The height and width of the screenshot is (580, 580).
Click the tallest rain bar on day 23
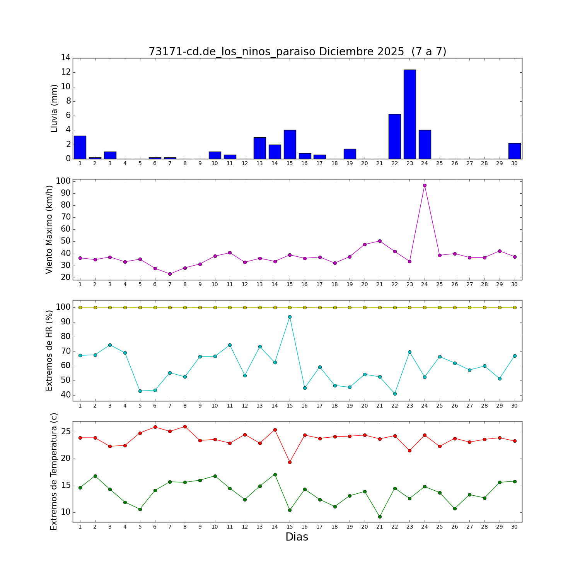click(x=409, y=114)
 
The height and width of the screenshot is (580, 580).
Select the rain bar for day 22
click(x=394, y=136)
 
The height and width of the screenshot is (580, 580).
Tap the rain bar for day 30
click(x=514, y=151)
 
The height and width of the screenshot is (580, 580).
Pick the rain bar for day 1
click(x=80, y=147)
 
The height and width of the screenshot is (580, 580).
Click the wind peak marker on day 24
click(x=425, y=185)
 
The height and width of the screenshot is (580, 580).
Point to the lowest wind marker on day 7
click(x=170, y=274)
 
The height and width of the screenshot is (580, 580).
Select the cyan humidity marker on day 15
click(x=290, y=317)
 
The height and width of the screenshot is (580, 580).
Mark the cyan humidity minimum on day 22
click(x=394, y=394)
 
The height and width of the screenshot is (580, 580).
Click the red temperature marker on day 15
click(x=290, y=462)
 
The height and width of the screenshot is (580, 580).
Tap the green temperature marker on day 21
click(x=380, y=517)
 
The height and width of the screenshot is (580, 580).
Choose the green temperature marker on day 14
click(x=275, y=474)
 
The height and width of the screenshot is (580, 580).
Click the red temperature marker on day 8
click(x=185, y=426)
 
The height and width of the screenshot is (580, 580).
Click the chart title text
click(x=297, y=52)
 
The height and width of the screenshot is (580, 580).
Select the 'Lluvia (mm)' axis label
click(x=54, y=108)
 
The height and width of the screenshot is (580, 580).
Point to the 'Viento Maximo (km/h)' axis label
click(x=49, y=230)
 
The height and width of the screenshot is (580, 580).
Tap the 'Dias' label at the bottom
click(x=297, y=537)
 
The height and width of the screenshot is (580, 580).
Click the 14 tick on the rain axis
click(x=65, y=58)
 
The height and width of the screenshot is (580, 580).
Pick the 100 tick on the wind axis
click(x=63, y=181)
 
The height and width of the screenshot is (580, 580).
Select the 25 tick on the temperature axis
click(x=65, y=432)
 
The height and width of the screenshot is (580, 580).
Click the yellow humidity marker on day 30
click(x=514, y=307)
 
